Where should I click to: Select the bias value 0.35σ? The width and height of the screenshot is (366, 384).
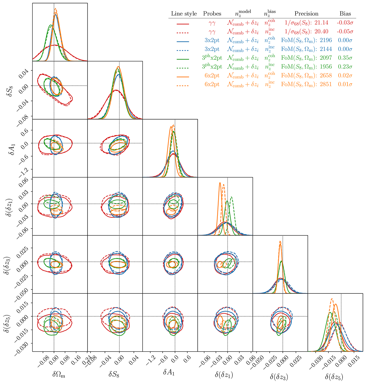pos(345,58)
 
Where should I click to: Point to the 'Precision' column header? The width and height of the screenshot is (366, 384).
pos(306,14)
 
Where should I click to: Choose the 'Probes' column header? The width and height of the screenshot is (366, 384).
pos(212,14)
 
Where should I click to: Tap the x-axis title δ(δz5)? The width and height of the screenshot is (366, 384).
pos(335,376)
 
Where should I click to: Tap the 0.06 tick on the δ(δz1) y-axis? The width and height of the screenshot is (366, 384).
pos(24,180)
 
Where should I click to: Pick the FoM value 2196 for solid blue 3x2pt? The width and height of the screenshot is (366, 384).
pos(325,40)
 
